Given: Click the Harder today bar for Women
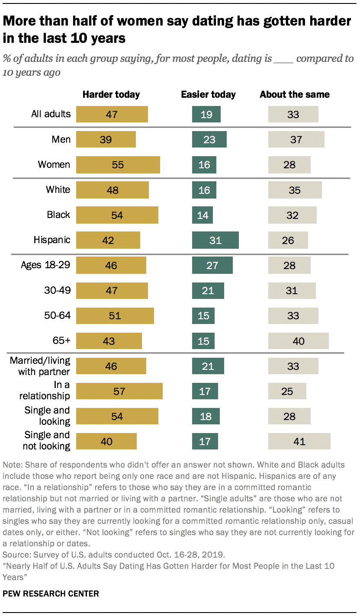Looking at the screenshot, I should pyautogui.click(x=118, y=165).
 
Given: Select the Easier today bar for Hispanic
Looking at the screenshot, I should pyautogui.click(x=215, y=240).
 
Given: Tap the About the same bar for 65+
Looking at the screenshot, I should pyautogui.click(x=298, y=341).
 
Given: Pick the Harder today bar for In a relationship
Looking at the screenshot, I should pyautogui.click(x=119, y=391).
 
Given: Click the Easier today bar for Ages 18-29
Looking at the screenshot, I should pyautogui.click(x=212, y=265).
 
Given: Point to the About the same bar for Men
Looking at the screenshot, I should pyautogui.click(x=296, y=140).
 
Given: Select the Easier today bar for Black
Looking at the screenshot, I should pyautogui.click(x=202, y=215).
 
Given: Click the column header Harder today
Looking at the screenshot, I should pyautogui.click(x=111, y=94).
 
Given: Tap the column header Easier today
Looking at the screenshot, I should pyautogui.click(x=208, y=94).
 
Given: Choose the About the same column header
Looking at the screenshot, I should pyautogui.click(x=295, y=94).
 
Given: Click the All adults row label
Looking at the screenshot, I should pyautogui.click(x=51, y=114).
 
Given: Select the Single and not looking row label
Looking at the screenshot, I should pyautogui.click(x=47, y=440).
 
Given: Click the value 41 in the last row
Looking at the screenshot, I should pyautogui.click(x=299, y=442).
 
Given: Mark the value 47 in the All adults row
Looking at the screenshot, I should pyautogui.click(x=112, y=115).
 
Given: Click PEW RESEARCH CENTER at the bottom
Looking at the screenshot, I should pyautogui.click(x=51, y=594).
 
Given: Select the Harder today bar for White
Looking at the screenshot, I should pyautogui.click(x=112, y=190).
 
